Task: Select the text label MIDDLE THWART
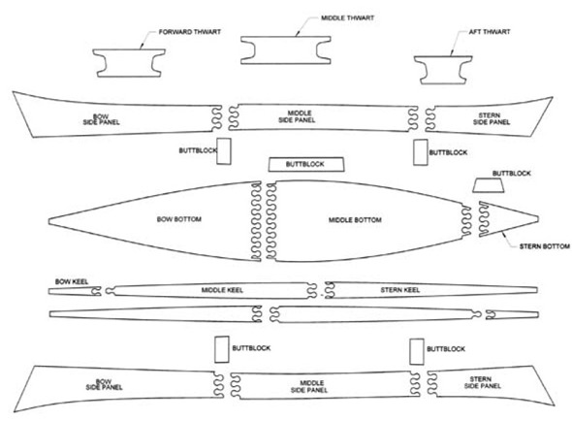tap(347, 17)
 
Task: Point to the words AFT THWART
tap(490, 32)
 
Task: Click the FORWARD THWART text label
tap(190, 32)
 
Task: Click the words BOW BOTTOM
tap(179, 219)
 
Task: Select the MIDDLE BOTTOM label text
tap(355, 220)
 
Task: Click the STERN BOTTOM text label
tap(545, 246)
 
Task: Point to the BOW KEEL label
tap(72, 281)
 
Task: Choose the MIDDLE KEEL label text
tap(222, 290)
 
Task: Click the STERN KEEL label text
tap(400, 290)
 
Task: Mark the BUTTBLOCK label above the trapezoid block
tap(512, 173)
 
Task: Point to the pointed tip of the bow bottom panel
tap(48, 221)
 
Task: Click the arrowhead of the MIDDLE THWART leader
tap(297, 35)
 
